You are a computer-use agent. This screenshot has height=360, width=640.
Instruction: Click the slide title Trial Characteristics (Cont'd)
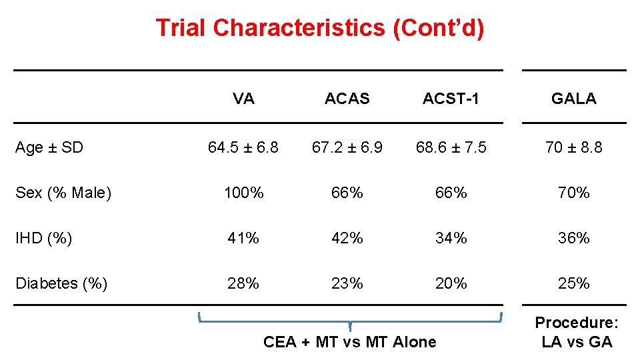(x=319, y=28)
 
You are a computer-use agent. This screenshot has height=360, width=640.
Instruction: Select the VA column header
(x=243, y=99)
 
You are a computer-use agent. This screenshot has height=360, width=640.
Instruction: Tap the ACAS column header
(x=347, y=99)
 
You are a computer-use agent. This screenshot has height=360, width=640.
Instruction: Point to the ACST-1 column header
(x=451, y=99)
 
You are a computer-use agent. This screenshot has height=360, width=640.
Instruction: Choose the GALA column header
(x=573, y=99)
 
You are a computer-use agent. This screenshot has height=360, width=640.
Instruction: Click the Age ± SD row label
(x=49, y=147)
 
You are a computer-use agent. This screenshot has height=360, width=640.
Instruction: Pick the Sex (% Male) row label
(x=63, y=193)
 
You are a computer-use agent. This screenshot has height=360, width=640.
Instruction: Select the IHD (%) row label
(x=44, y=238)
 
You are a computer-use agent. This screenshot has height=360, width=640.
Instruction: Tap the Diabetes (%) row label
(x=61, y=283)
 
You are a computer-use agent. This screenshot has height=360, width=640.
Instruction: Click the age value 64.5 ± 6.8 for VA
(x=243, y=147)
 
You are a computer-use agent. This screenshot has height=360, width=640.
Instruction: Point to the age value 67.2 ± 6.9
(x=347, y=147)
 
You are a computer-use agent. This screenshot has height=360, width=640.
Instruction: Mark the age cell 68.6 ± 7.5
(x=451, y=147)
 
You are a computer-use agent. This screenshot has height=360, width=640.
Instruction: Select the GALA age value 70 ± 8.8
(x=573, y=147)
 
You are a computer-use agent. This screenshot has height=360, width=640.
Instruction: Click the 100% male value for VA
(x=243, y=193)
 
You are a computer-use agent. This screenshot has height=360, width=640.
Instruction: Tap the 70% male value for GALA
(x=573, y=193)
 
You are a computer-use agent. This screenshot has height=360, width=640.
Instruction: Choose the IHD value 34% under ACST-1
(x=451, y=238)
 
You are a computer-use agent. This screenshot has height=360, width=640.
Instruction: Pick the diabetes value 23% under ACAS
(x=347, y=283)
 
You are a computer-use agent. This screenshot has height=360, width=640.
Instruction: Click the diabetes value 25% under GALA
(x=573, y=283)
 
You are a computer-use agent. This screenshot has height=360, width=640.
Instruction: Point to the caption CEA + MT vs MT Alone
(x=350, y=342)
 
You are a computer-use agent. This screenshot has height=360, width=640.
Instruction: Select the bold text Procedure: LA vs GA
(x=577, y=333)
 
